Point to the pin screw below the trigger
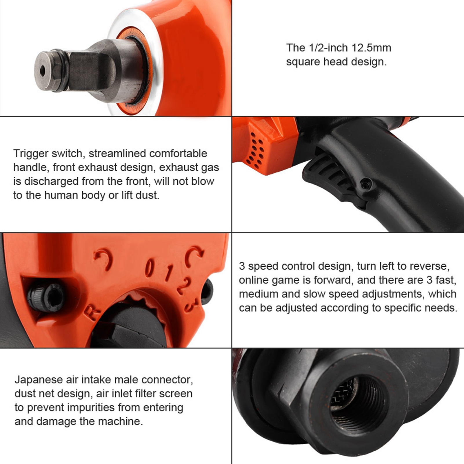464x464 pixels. point(365,183)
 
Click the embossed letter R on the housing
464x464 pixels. point(92,313)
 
